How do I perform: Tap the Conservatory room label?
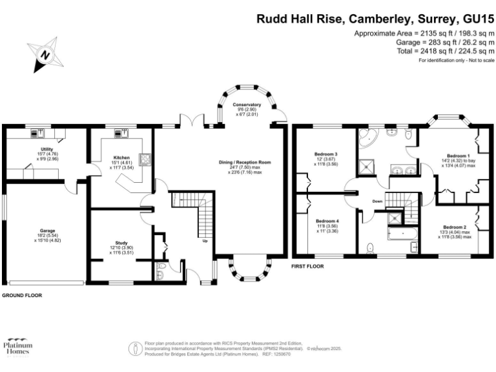point(247,105)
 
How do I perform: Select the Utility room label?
point(46,149)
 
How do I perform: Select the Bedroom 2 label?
point(455,227)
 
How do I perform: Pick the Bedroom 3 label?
point(325,154)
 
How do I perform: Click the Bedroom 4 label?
point(326,222)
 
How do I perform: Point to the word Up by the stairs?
point(205,242)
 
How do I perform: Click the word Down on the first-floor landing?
point(378,201)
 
